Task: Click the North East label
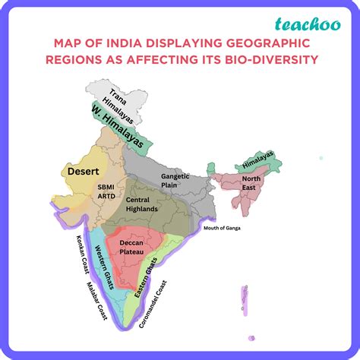point(251,183)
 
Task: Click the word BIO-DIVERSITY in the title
point(257,61)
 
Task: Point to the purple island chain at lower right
point(245,303)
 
